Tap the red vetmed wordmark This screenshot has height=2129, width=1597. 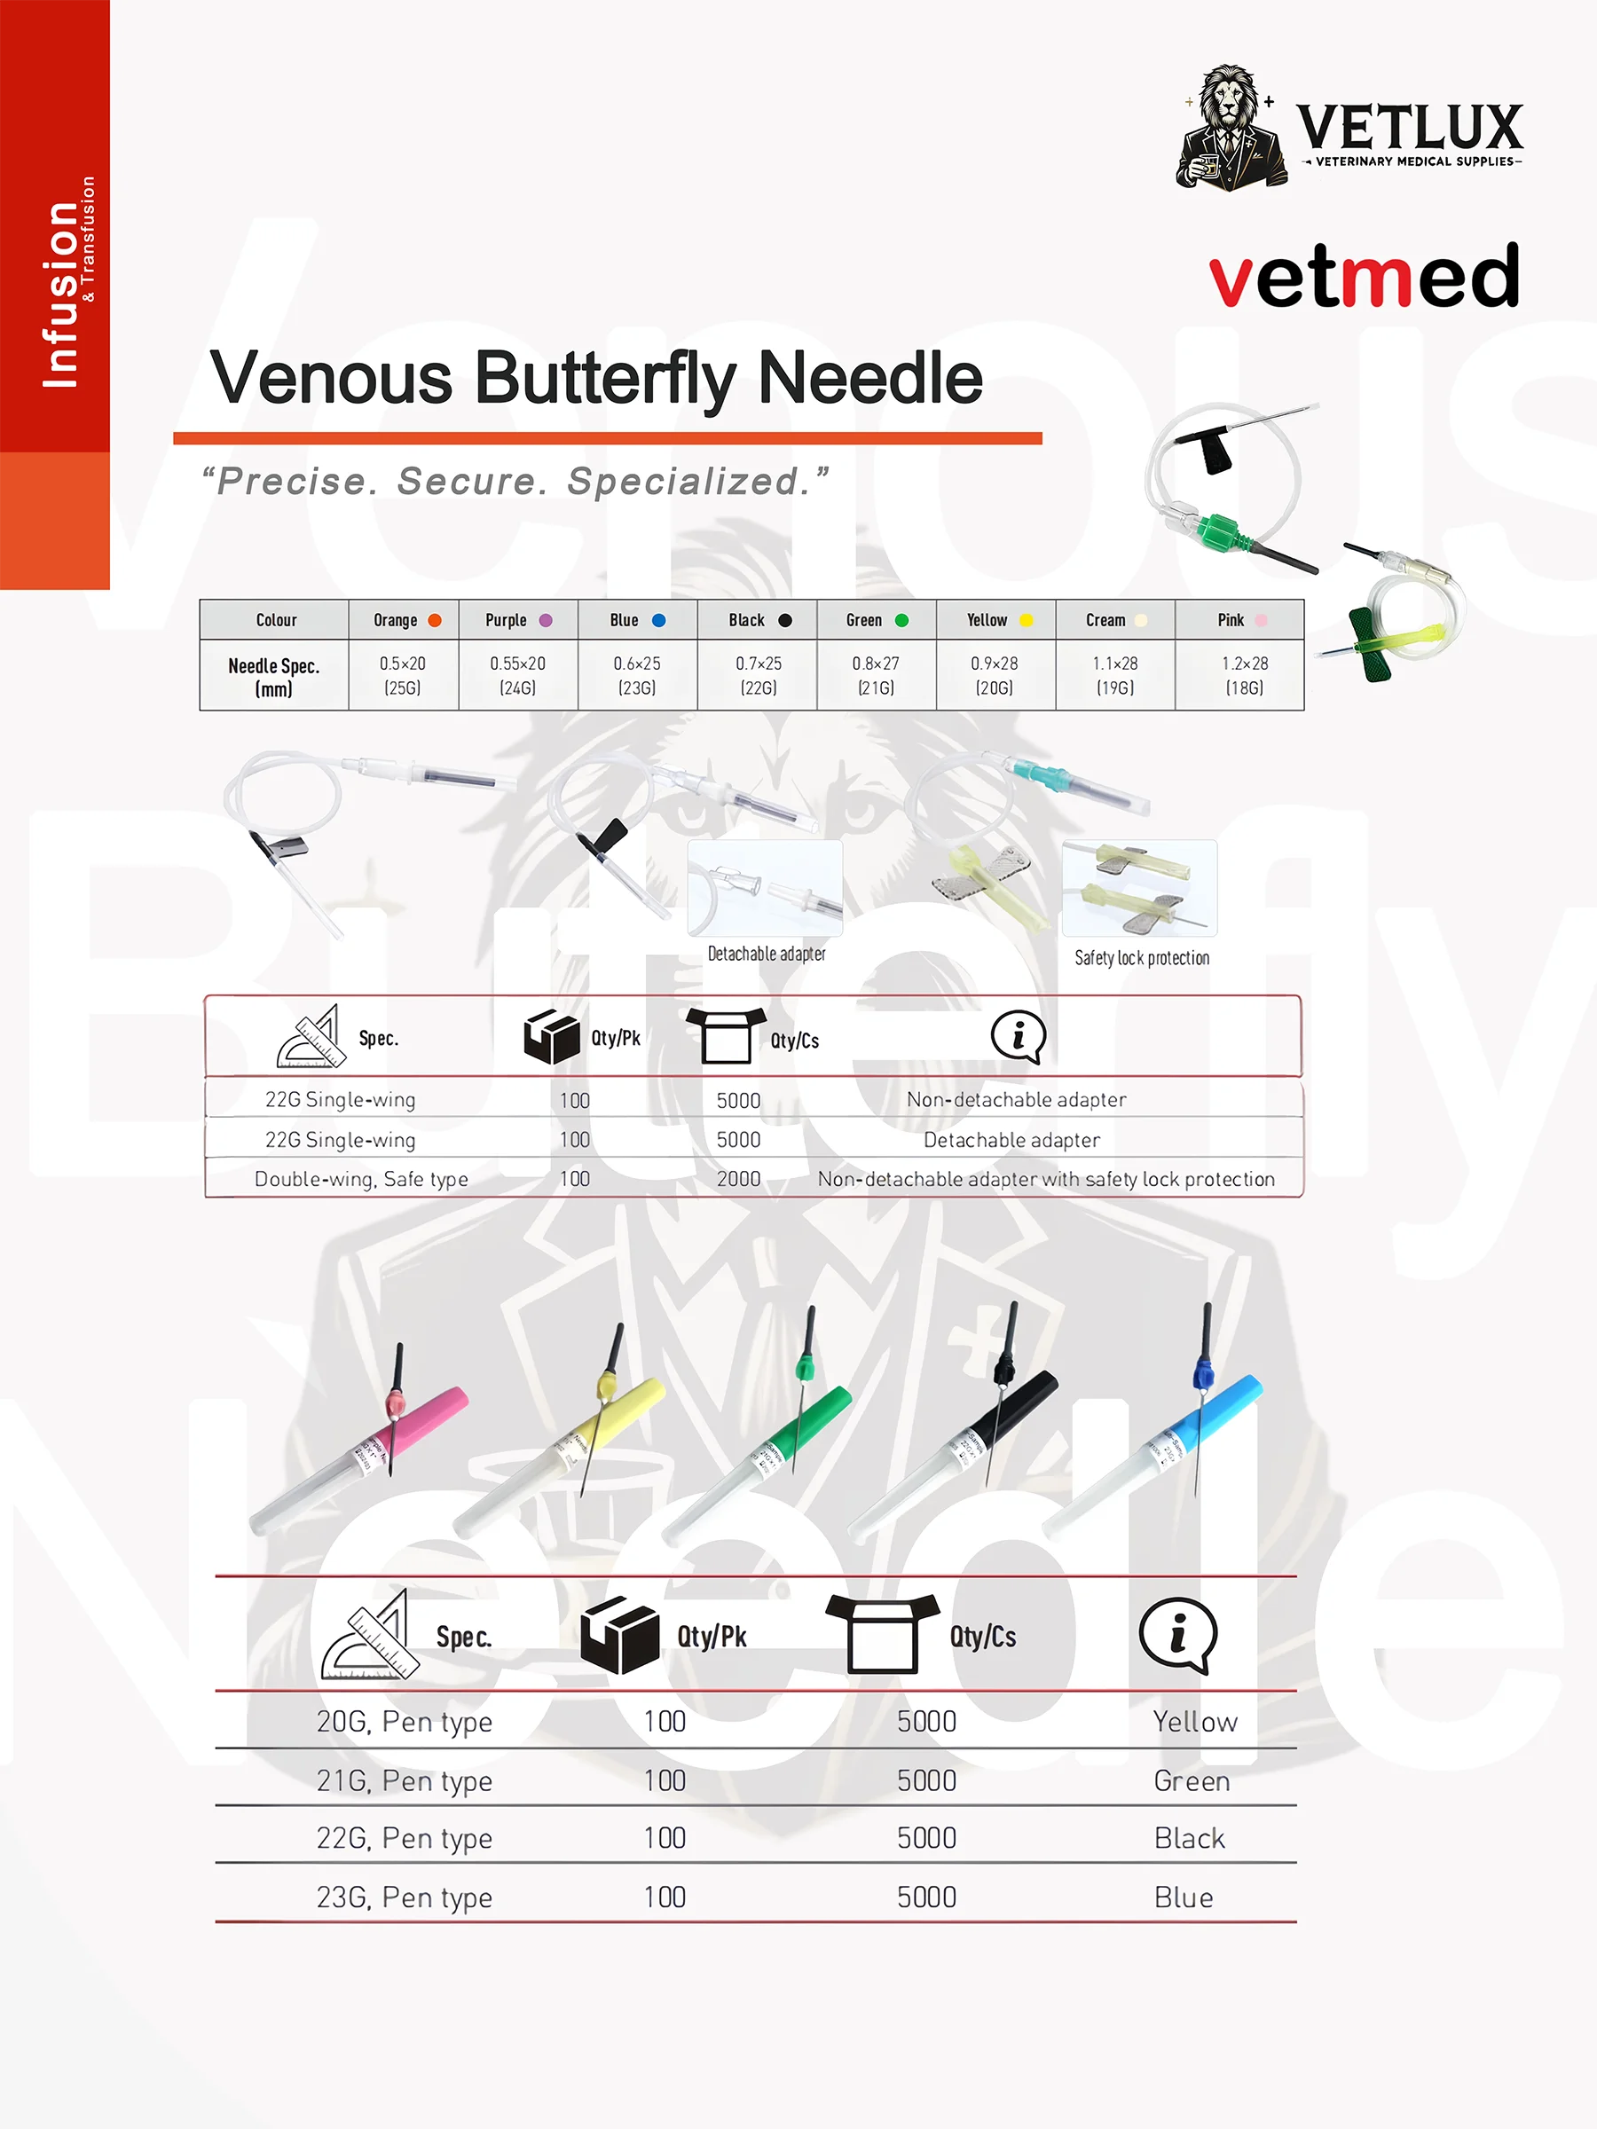coord(1363,277)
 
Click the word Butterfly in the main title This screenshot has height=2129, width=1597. coord(604,378)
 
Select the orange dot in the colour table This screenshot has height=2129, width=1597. coord(434,621)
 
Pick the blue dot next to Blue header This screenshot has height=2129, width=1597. coord(658,621)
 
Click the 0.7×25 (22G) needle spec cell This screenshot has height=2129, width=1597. coord(759,675)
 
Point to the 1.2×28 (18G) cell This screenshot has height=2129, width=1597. coord(1244,675)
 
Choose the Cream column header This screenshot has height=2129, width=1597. coord(1114,621)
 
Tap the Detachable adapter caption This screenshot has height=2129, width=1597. coord(767,954)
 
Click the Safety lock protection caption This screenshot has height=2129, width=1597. coord(1142,958)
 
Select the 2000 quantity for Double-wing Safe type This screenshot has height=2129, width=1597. coord(738,1179)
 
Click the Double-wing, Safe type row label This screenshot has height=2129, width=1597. coord(361,1179)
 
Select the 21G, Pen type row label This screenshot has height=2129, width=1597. coord(405,1781)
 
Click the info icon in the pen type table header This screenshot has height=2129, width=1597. coord(1177,1635)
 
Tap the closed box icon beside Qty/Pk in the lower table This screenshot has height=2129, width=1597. coord(619,1635)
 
